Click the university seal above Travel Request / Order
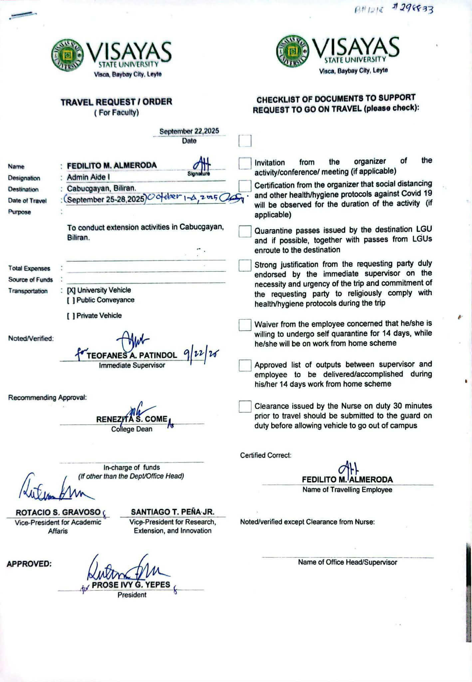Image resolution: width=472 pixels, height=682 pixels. click(68, 55)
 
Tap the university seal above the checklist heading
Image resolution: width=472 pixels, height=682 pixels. click(293, 51)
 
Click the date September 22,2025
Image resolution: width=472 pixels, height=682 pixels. click(189, 131)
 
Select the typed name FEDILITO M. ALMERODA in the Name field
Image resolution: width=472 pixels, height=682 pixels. click(112, 166)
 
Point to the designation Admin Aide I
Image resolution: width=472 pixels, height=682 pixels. click(88, 177)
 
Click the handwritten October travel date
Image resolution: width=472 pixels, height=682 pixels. click(182, 197)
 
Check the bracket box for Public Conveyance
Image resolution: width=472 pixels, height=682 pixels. click(71, 300)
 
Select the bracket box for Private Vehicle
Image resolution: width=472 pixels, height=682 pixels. click(71, 316)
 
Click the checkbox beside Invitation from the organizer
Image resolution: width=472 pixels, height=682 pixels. click(245, 163)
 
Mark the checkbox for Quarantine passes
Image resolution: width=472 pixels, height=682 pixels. click(245, 231)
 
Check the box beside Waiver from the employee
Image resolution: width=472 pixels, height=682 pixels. click(245, 325)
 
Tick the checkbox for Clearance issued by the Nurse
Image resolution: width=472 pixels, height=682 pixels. click(245, 406)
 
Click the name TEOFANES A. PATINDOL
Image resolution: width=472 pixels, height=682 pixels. click(132, 355)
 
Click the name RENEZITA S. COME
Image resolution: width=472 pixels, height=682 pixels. click(132, 419)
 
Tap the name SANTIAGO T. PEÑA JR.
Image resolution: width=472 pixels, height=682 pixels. click(172, 512)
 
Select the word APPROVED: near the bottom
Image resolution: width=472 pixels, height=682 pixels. click(29, 564)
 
